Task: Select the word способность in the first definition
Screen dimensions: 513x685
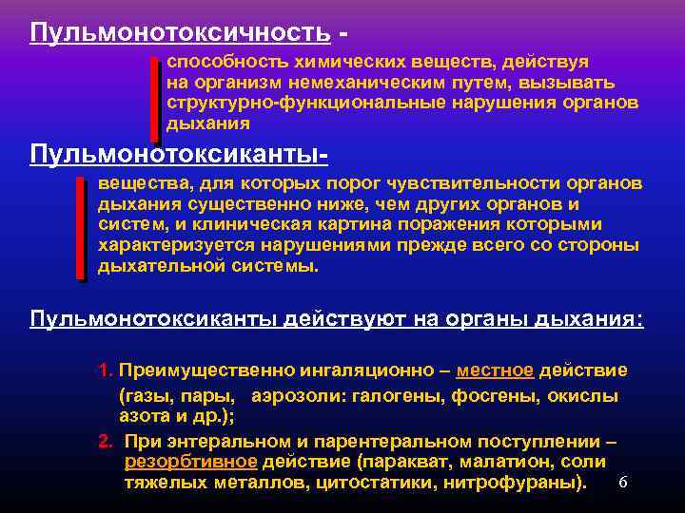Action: coord(214,61)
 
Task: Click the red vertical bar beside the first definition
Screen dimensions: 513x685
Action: coord(155,99)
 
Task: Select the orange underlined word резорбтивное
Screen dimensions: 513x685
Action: coord(190,462)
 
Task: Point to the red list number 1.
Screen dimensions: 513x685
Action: coord(104,370)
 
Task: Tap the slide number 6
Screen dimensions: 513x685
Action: coord(622,483)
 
